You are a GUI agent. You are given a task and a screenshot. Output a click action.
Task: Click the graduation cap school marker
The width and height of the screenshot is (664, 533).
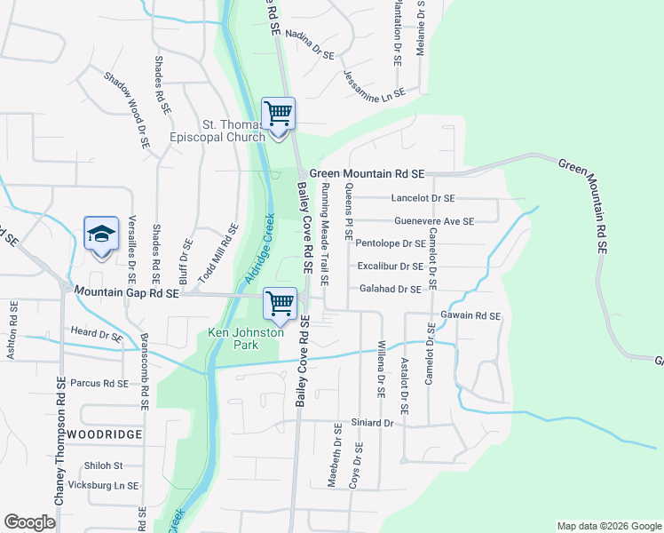tap(101, 235)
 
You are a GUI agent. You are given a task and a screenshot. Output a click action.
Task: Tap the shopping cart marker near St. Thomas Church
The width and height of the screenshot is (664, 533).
tap(279, 114)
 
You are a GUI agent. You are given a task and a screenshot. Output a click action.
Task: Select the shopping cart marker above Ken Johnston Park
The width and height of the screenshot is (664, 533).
tap(281, 304)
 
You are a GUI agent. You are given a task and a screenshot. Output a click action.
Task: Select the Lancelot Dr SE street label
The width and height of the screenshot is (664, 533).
tap(423, 198)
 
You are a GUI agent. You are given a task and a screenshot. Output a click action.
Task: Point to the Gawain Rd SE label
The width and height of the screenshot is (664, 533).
tap(470, 315)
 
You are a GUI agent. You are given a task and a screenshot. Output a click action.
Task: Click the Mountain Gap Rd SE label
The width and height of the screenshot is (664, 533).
tap(127, 291)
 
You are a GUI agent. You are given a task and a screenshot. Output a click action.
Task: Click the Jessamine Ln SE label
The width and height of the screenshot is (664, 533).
tap(373, 84)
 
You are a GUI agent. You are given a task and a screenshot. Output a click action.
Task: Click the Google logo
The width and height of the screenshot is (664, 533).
tap(29, 522)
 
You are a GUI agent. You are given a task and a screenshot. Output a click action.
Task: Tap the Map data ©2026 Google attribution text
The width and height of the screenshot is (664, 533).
tap(608, 526)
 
